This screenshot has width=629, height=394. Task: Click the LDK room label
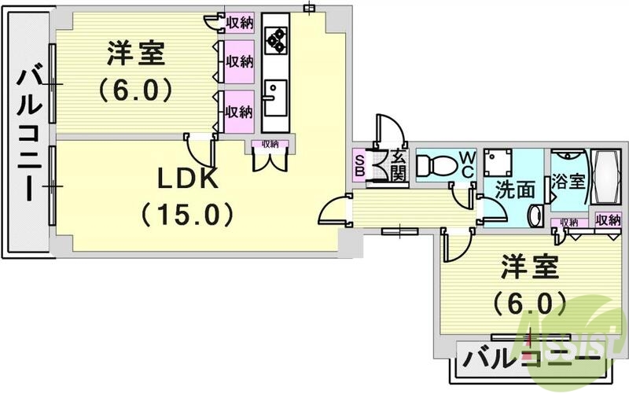pos(186,180)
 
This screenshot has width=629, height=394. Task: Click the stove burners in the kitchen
pos(276,39)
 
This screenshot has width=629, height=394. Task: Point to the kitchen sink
pos(274,101)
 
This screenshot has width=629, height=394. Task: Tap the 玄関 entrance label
pos(397,165)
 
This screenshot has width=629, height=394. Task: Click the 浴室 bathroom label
pos(568,180)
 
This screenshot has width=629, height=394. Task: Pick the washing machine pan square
pos(498,164)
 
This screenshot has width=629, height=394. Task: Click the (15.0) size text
pos(186,213)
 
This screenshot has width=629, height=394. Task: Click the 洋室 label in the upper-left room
pos(135,57)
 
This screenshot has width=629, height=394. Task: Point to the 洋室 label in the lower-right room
pos(529,267)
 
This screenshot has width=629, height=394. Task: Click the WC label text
pos(465,164)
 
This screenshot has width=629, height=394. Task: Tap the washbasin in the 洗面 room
pos(537,215)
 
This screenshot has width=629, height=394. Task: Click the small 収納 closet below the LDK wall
pos(270,144)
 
